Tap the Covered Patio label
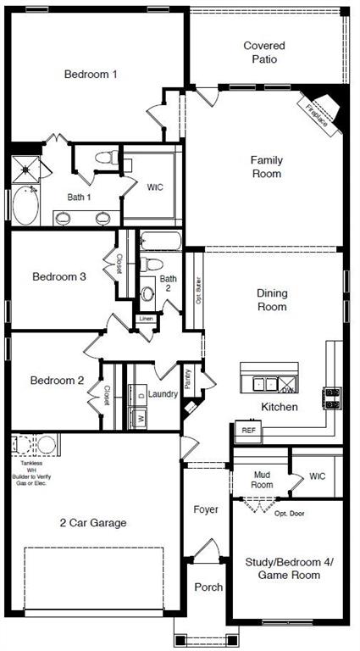pyautogui.click(x=264, y=53)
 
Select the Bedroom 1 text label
pyautogui.click(x=91, y=74)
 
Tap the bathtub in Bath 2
pyautogui.click(x=160, y=241)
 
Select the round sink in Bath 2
pyautogui.click(x=149, y=293)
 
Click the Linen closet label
pyautogui.click(x=147, y=319)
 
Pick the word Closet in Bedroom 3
pyautogui.click(x=119, y=264)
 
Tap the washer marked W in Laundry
pyautogui.click(x=139, y=418)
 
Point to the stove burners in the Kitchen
pyautogui.click(x=330, y=396)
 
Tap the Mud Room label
pyautogui.click(x=262, y=480)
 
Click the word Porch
pyautogui.click(x=208, y=587)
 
